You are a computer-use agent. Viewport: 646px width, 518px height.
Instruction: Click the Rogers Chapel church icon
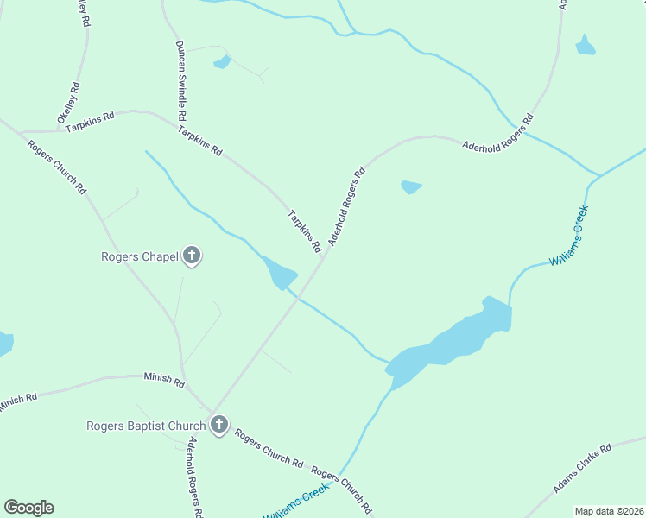[192, 256]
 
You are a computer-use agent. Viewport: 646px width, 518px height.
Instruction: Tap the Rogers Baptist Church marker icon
[219, 425]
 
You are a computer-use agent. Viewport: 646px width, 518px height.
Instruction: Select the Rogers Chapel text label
[140, 256]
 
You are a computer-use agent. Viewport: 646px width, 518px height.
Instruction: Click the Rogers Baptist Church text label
[146, 426]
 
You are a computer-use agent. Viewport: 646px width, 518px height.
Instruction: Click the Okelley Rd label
[68, 101]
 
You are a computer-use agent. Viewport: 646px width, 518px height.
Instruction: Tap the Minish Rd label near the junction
[164, 380]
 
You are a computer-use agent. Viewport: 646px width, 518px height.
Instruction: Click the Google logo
[28, 508]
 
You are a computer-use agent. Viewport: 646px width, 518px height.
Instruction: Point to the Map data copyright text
[608, 511]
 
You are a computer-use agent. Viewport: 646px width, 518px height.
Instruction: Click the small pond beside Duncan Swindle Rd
[222, 62]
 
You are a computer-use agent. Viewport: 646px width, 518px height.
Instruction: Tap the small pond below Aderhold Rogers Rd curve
[411, 186]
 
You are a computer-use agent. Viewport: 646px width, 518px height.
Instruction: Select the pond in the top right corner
[586, 46]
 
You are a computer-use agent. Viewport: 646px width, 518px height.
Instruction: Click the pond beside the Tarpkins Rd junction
[280, 275]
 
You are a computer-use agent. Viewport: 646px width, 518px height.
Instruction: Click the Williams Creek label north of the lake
[569, 235]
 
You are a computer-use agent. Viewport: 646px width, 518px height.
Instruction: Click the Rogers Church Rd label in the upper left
[57, 166]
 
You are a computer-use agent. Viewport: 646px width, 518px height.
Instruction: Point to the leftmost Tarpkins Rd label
[90, 121]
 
